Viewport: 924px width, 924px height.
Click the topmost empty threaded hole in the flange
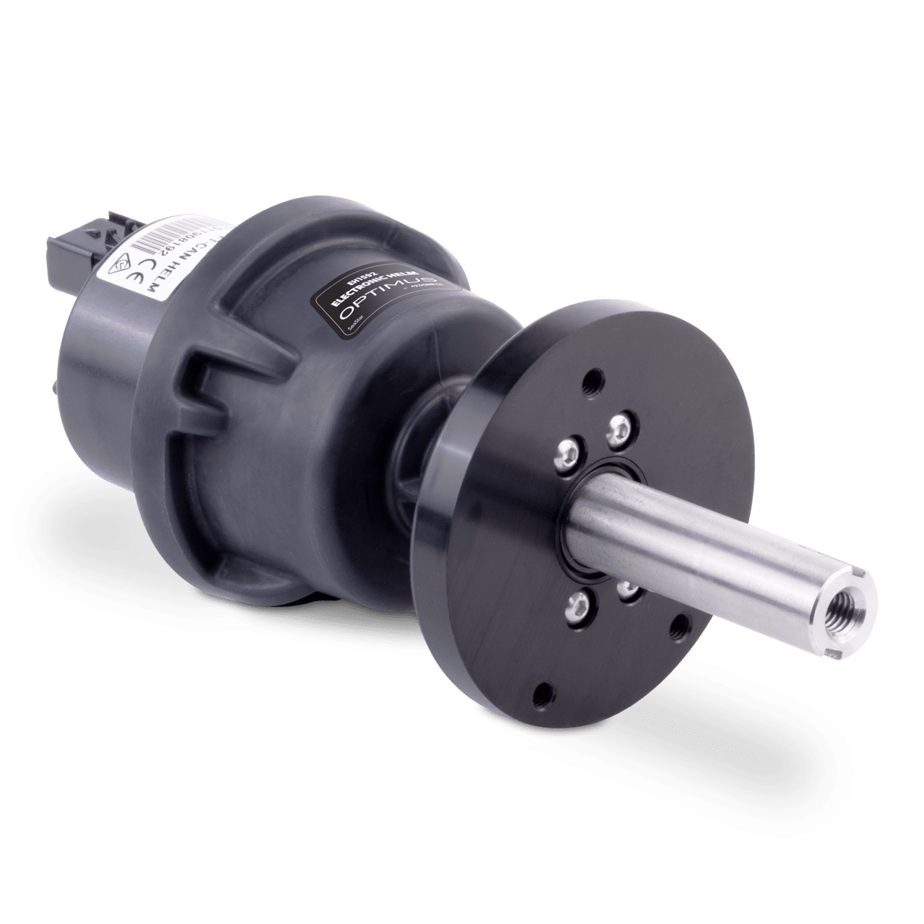click(593, 379)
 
